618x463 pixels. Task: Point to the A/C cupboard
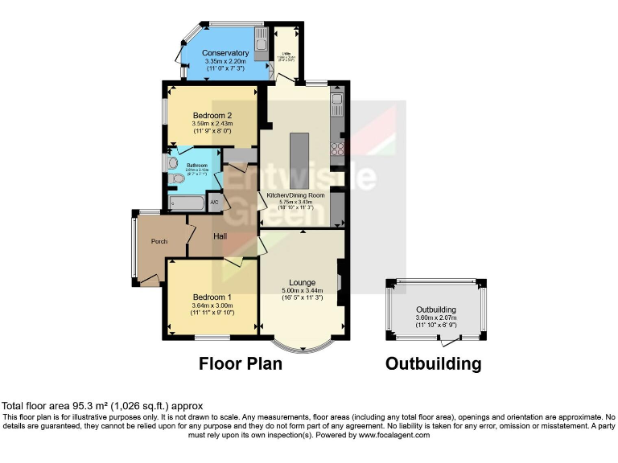point(215,203)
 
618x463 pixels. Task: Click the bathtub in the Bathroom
point(186,203)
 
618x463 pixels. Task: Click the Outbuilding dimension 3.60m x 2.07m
point(435,318)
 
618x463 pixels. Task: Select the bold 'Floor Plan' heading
point(241,364)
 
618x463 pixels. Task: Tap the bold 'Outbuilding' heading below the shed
point(433,364)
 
